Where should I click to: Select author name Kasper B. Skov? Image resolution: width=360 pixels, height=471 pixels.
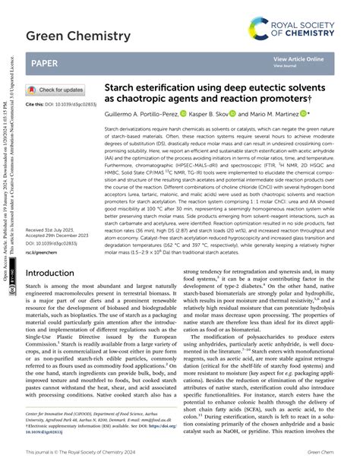tap(209, 112)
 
